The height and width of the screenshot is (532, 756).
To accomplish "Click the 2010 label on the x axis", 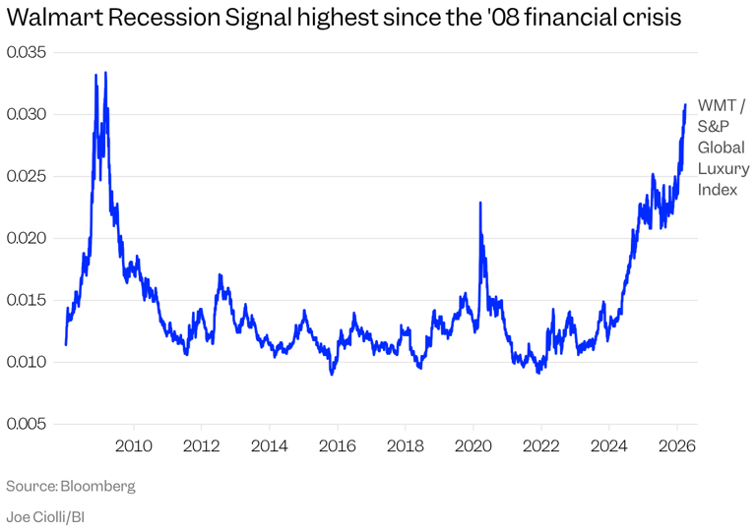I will click(x=133, y=444).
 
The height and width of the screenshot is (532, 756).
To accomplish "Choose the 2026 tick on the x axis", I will click(x=676, y=444).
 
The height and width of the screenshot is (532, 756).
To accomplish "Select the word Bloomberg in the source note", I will click(x=97, y=487).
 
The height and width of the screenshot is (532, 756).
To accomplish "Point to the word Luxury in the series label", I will click(x=723, y=169).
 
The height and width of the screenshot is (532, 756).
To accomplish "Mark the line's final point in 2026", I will click(x=685, y=105).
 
